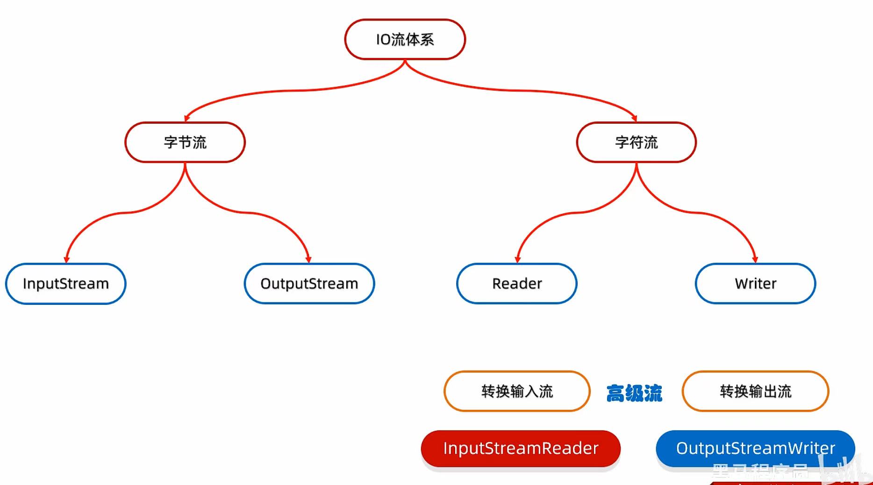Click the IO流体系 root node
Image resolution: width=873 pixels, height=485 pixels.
[405, 40]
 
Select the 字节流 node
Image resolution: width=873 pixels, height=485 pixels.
[185, 142]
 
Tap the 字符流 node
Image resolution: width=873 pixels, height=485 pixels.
[636, 142]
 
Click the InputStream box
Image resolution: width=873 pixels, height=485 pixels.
[66, 284]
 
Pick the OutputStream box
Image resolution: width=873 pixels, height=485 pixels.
[309, 284]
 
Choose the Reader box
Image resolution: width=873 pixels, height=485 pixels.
[517, 284]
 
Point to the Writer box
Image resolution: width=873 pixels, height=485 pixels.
[755, 284]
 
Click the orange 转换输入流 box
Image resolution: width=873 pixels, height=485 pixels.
[517, 391]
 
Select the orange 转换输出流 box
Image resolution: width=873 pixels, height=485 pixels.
[755, 391]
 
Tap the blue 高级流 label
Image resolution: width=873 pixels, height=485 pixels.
[634, 393]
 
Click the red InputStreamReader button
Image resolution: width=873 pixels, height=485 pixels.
[521, 449]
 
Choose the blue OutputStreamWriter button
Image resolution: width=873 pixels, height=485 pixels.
[755, 449]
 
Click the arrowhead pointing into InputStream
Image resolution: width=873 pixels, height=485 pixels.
[66, 259]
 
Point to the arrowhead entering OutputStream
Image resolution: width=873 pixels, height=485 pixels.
[308, 259]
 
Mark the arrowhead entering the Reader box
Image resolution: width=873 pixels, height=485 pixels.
[517, 259]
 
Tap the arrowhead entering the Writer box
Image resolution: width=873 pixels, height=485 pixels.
[755, 259]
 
